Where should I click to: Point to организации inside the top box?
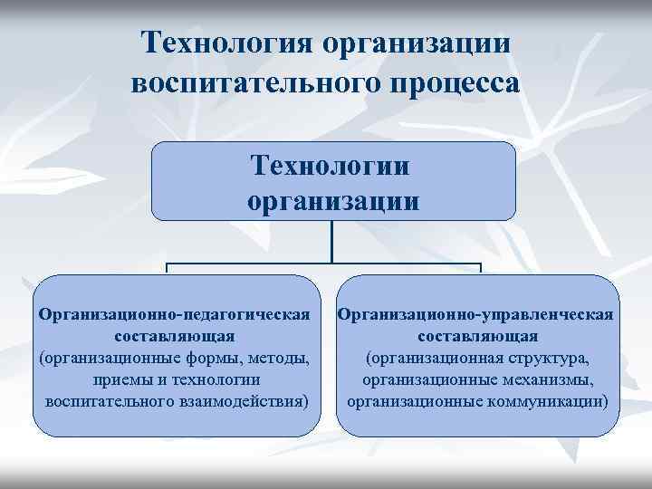point(332,199)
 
